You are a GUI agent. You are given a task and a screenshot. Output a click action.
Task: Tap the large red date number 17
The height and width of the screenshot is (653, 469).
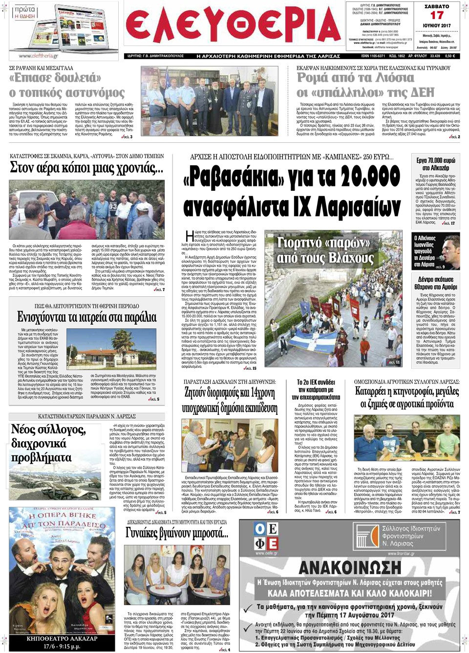point(437,16)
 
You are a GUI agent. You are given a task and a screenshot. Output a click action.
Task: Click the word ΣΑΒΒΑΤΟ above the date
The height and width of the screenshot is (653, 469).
point(437,6)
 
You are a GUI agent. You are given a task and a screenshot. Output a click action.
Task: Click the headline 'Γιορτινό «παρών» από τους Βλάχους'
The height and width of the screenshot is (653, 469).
point(325,250)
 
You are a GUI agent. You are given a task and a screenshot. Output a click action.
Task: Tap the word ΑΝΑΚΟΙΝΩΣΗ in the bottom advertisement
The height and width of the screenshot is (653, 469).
point(350,568)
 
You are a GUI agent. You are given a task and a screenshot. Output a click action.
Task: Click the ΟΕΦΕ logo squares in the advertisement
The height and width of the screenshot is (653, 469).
point(266,536)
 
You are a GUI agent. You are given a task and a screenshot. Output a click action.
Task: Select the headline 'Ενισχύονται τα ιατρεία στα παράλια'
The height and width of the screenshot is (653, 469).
point(87,317)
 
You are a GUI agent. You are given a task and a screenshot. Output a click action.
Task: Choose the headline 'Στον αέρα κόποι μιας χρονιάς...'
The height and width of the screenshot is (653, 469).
point(86,168)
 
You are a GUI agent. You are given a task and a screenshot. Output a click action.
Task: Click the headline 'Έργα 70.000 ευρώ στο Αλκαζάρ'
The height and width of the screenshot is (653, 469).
point(436,164)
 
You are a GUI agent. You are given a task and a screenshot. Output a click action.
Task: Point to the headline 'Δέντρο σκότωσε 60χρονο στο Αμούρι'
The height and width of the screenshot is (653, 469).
point(436,283)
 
